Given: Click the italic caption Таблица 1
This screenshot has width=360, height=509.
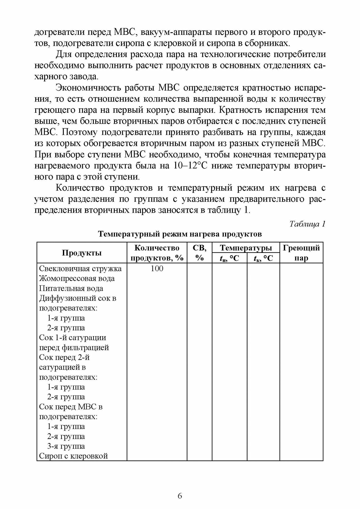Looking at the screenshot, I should (x=308, y=224).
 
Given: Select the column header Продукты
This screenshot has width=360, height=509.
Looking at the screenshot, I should (x=82, y=253).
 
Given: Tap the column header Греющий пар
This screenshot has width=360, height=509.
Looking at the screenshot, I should (x=301, y=253).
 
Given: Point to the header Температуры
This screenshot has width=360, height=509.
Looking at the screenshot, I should (x=246, y=248).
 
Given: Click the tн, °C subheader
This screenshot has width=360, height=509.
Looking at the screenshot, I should (x=229, y=258).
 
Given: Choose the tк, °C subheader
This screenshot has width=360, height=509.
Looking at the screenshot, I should (x=263, y=258).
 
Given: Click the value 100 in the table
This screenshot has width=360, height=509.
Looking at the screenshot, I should (x=157, y=268).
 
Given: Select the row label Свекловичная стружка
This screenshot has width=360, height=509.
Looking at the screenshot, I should (x=80, y=268).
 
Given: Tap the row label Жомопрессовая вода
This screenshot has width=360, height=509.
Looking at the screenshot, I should (x=77, y=278).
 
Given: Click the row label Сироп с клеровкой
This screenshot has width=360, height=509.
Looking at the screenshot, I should (x=74, y=456).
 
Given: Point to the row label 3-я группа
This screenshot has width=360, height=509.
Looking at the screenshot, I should (x=66, y=446).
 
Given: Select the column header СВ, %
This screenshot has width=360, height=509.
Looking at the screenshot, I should (x=200, y=253).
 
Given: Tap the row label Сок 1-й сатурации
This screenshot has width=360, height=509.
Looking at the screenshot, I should (x=73, y=337).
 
